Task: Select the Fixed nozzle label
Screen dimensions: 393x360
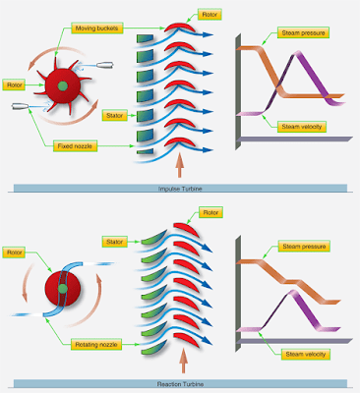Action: point(75,146)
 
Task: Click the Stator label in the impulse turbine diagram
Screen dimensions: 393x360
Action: point(114,116)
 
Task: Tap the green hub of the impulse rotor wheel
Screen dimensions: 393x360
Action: point(63,86)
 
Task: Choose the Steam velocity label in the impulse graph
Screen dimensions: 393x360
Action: point(302,126)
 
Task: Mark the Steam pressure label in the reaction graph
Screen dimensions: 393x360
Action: point(302,246)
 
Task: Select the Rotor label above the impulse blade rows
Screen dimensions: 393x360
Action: point(210,15)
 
